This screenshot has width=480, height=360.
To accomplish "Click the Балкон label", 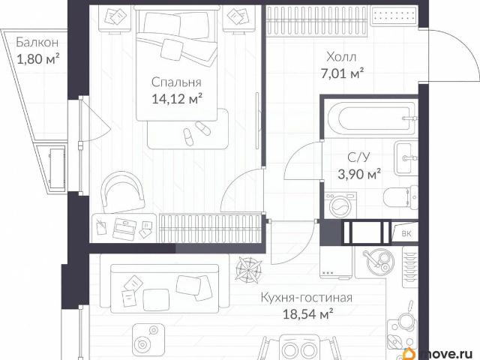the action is point(37,42).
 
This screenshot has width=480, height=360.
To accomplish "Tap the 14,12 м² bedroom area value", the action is point(177,99).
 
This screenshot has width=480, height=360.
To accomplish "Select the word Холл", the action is point(341,57).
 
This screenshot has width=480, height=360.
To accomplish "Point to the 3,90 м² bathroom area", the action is point(359,174).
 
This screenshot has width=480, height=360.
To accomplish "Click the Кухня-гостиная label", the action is point(307,298).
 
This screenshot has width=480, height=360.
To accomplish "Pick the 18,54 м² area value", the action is point(307,314).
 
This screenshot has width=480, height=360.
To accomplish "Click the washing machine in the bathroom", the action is point(340,205).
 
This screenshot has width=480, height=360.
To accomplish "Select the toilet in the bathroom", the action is point(400,197).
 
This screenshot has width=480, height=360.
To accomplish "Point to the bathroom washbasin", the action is point(406,158).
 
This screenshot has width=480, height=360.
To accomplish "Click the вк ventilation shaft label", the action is point(406,233).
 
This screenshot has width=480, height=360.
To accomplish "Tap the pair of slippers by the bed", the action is point(195,132).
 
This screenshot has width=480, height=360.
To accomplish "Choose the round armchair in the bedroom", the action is point(123,192).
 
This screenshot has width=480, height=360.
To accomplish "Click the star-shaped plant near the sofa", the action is point(248,268).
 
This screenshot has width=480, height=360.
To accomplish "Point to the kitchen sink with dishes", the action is point(378,262).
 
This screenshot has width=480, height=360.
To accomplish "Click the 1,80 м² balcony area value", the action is point(37,59).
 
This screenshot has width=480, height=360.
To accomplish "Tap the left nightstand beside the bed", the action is point(115,18).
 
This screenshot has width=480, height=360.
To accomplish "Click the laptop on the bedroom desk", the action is point(124,229).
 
